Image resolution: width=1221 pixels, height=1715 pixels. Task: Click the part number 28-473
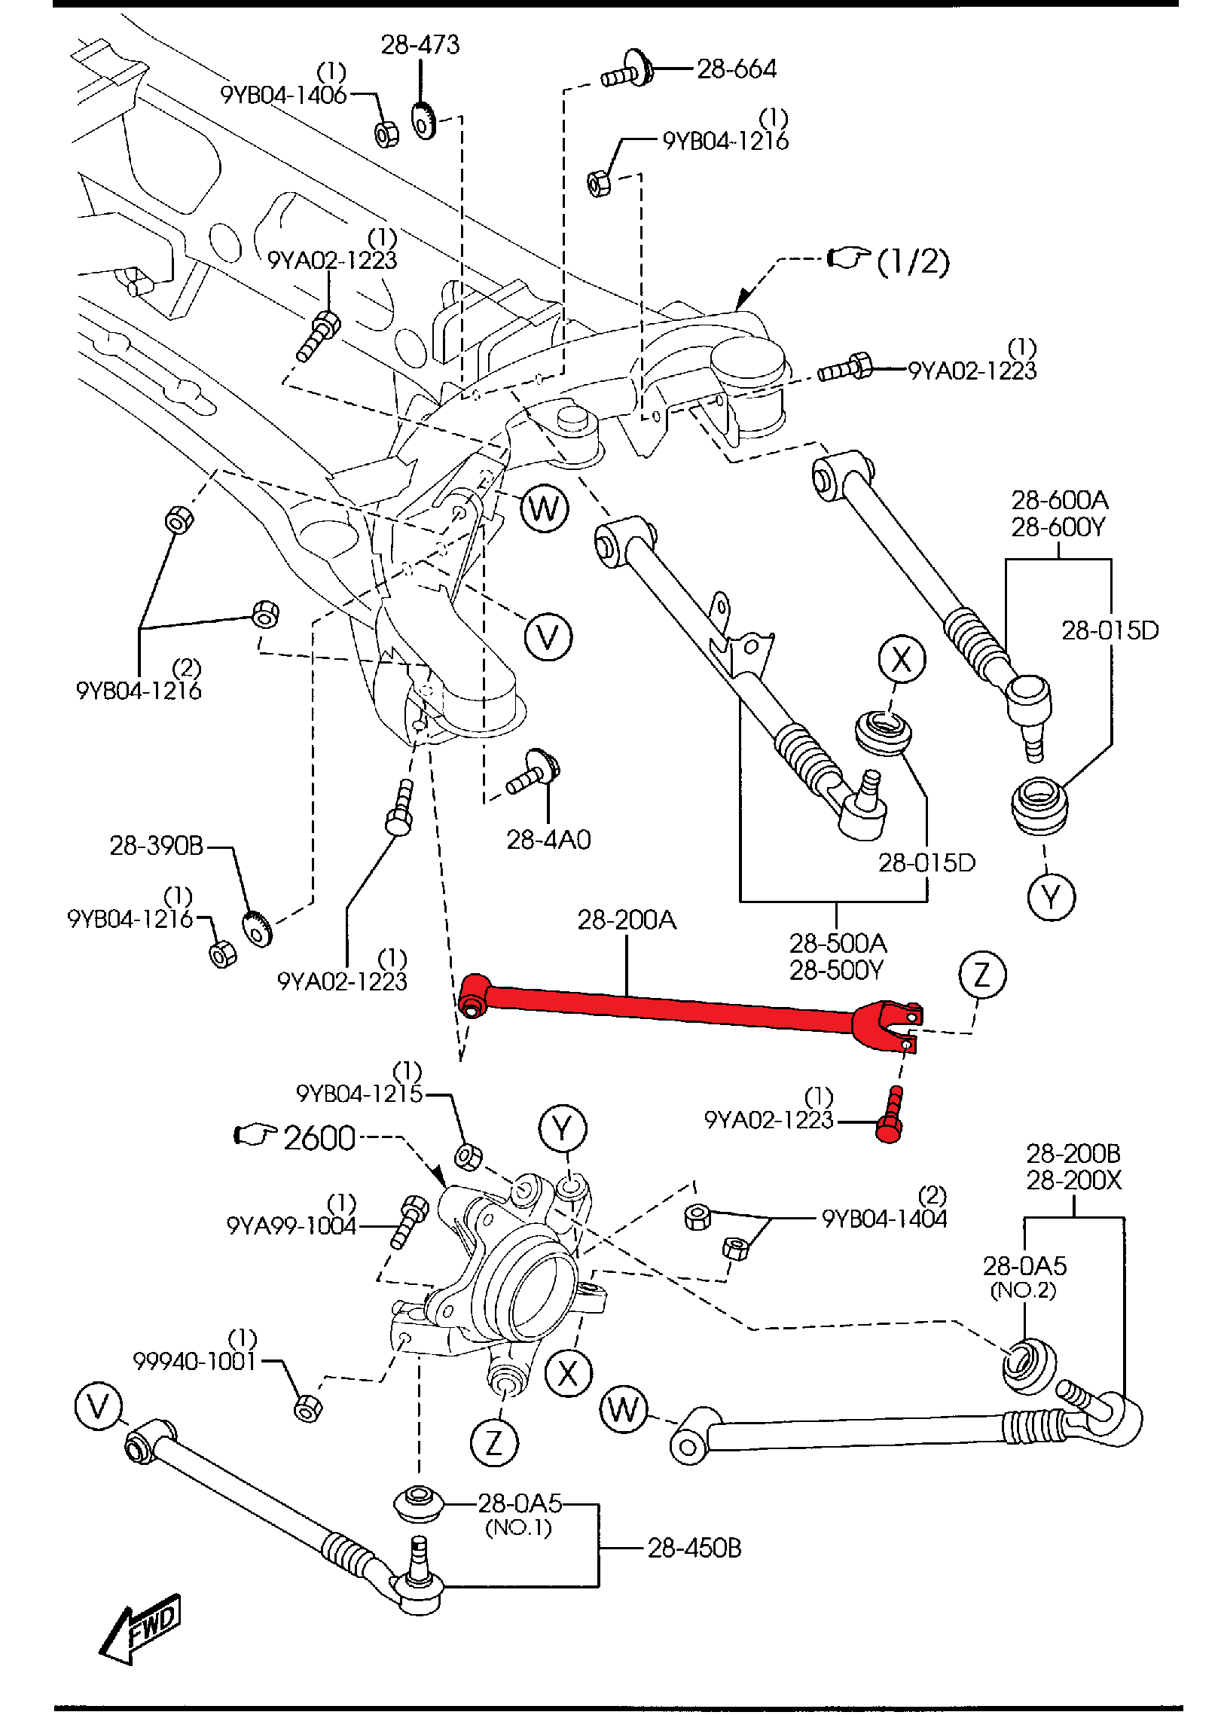[420, 45]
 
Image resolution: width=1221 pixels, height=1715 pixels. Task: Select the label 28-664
[736, 69]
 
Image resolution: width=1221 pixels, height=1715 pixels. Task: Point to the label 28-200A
[627, 920]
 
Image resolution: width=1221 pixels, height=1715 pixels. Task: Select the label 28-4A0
[548, 840]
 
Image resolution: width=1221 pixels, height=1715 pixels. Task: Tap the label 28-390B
[157, 846]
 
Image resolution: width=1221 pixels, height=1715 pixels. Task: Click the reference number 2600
[319, 1138]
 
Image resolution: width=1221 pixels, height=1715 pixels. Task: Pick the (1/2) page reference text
[913, 261]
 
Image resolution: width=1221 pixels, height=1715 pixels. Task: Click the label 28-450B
[694, 1548]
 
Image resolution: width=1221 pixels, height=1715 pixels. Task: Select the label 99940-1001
[194, 1361]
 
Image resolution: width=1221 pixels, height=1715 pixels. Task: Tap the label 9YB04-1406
[283, 95]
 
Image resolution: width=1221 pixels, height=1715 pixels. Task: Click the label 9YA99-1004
[292, 1225]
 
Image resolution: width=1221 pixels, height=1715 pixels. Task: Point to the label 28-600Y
[1058, 527]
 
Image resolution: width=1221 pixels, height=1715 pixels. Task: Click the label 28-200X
[1073, 1180]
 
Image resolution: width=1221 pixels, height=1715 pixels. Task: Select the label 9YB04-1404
[884, 1218]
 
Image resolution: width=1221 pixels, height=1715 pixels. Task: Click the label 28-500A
[838, 943]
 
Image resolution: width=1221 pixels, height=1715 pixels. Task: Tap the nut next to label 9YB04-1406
[386, 135]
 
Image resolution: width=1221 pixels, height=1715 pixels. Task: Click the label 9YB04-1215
[359, 1094]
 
